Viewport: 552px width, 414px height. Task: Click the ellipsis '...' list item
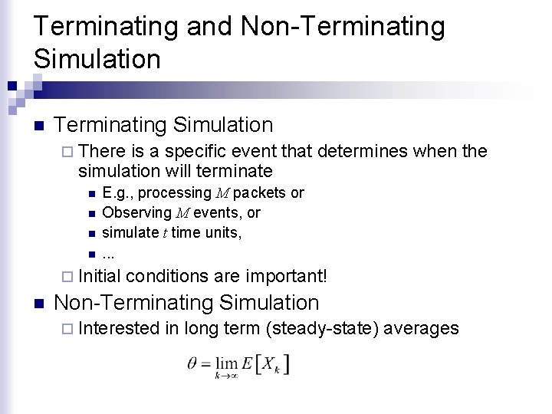[111, 254]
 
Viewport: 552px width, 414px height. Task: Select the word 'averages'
[421, 329]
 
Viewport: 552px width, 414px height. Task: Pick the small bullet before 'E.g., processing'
[90, 193]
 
